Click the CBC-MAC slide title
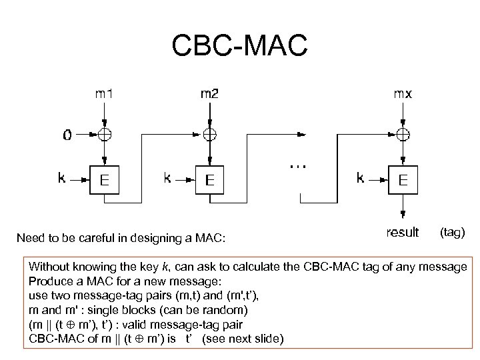point(239,45)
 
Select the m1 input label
point(104,94)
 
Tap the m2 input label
point(209,94)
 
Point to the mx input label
point(401,94)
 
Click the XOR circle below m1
point(105,134)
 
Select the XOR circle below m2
point(209,134)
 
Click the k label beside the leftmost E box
point(63,178)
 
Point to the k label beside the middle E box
point(167,178)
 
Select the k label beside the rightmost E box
point(360,178)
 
